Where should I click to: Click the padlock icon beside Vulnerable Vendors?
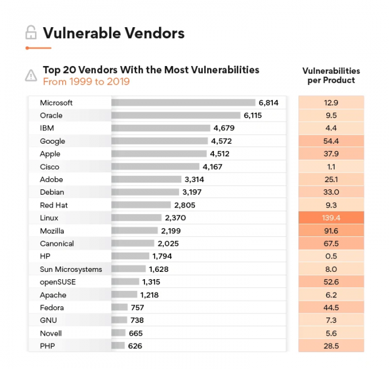(x=31, y=33)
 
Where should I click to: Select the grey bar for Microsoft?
(x=183, y=103)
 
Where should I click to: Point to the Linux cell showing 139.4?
(x=331, y=218)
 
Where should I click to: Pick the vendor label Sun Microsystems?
(x=71, y=269)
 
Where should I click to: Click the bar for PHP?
(x=118, y=346)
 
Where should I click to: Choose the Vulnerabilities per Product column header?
(x=331, y=75)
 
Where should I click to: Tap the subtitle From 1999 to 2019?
(x=86, y=82)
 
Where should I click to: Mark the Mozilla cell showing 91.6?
(x=331, y=231)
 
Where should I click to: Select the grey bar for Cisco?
(x=155, y=166)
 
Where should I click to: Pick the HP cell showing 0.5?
(x=331, y=256)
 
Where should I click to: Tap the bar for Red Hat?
(x=141, y=205)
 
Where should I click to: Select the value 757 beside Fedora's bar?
(x=137, y=307)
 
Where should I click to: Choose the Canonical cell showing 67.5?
(x=331, y=244)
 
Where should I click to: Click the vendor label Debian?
(x=52, y=192)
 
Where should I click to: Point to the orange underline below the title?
(x=38, y=48)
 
